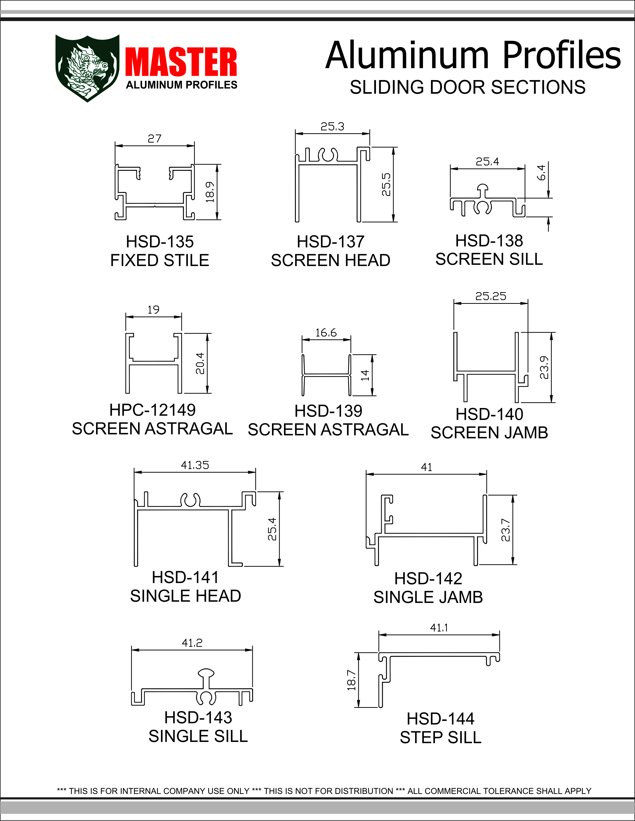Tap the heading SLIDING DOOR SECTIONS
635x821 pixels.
tap(467, 88)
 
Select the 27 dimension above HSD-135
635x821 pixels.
tap(154, 139)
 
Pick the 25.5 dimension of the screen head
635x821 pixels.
tap(386, 184)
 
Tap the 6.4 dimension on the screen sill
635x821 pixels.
tap(541, 173)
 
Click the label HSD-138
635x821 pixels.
tap(489, 241)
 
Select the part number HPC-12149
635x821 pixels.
tap(152, 410)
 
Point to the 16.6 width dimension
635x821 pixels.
tap(326, 333)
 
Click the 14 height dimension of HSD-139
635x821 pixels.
tap(365, 375)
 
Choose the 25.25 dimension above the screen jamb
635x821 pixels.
tap(490, 296)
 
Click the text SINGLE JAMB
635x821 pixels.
tap(428, 597)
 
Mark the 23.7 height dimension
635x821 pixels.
tap(506, 530)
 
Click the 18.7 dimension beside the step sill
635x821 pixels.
tap(351, 680)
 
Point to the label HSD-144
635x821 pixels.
tap(440, 719)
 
